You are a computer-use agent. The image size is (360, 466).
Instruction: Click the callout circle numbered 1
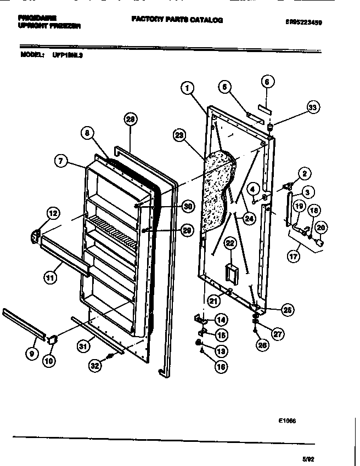pyautogui.click(x=187, y=87)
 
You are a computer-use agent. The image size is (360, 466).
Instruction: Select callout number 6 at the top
pyautogui.click(x=267, y=82)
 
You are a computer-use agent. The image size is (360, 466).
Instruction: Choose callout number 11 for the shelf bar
pyautogui.click(x=51, y=277)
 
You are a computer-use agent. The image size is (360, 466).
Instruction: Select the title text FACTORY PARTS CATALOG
pyautogui.click(x=177, y=20)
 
